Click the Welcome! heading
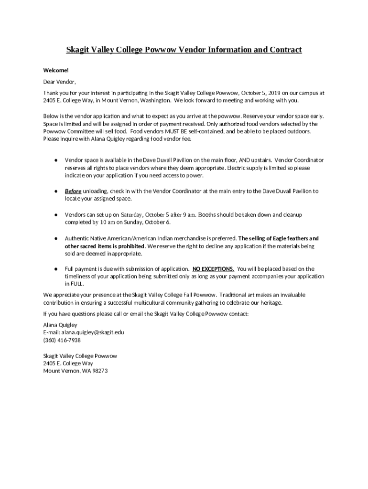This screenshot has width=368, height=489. point(53,70)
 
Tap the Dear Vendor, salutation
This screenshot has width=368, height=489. point(60,81)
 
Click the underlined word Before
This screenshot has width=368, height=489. point(73,191)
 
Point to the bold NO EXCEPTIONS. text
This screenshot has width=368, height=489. point(213,269)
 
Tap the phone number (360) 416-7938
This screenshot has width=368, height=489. point(62,340)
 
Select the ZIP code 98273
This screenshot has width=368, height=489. point(98,371)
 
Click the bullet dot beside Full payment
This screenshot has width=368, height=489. point(56,269)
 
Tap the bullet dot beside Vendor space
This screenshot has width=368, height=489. point(56,160)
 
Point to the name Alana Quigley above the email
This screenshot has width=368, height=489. point(60,325)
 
